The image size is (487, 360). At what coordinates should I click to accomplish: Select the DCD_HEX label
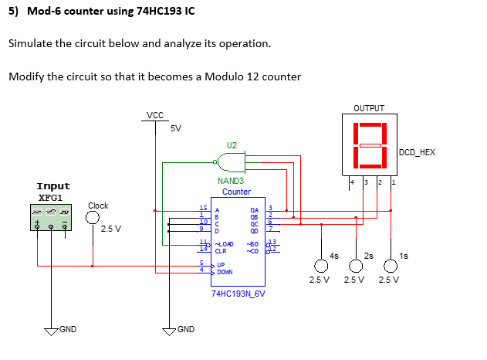coord(418,153)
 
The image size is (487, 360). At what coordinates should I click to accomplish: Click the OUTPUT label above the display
coord(369,108)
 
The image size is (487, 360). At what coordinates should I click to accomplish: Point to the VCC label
coord(155,115)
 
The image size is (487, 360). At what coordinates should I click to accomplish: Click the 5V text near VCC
coord(175,128)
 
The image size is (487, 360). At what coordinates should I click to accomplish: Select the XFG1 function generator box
coord(53,221)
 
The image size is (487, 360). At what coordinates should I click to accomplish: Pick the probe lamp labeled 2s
coord(357,262)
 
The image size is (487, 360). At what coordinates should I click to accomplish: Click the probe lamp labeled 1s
coord(391,262)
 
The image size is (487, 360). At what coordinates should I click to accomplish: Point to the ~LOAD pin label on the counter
coord(225,243)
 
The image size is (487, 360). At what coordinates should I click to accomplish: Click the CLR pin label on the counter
coord(221,250)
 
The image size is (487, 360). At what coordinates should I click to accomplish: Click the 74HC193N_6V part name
coord(238,294)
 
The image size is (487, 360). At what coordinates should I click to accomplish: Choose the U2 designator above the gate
coord(232,145)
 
